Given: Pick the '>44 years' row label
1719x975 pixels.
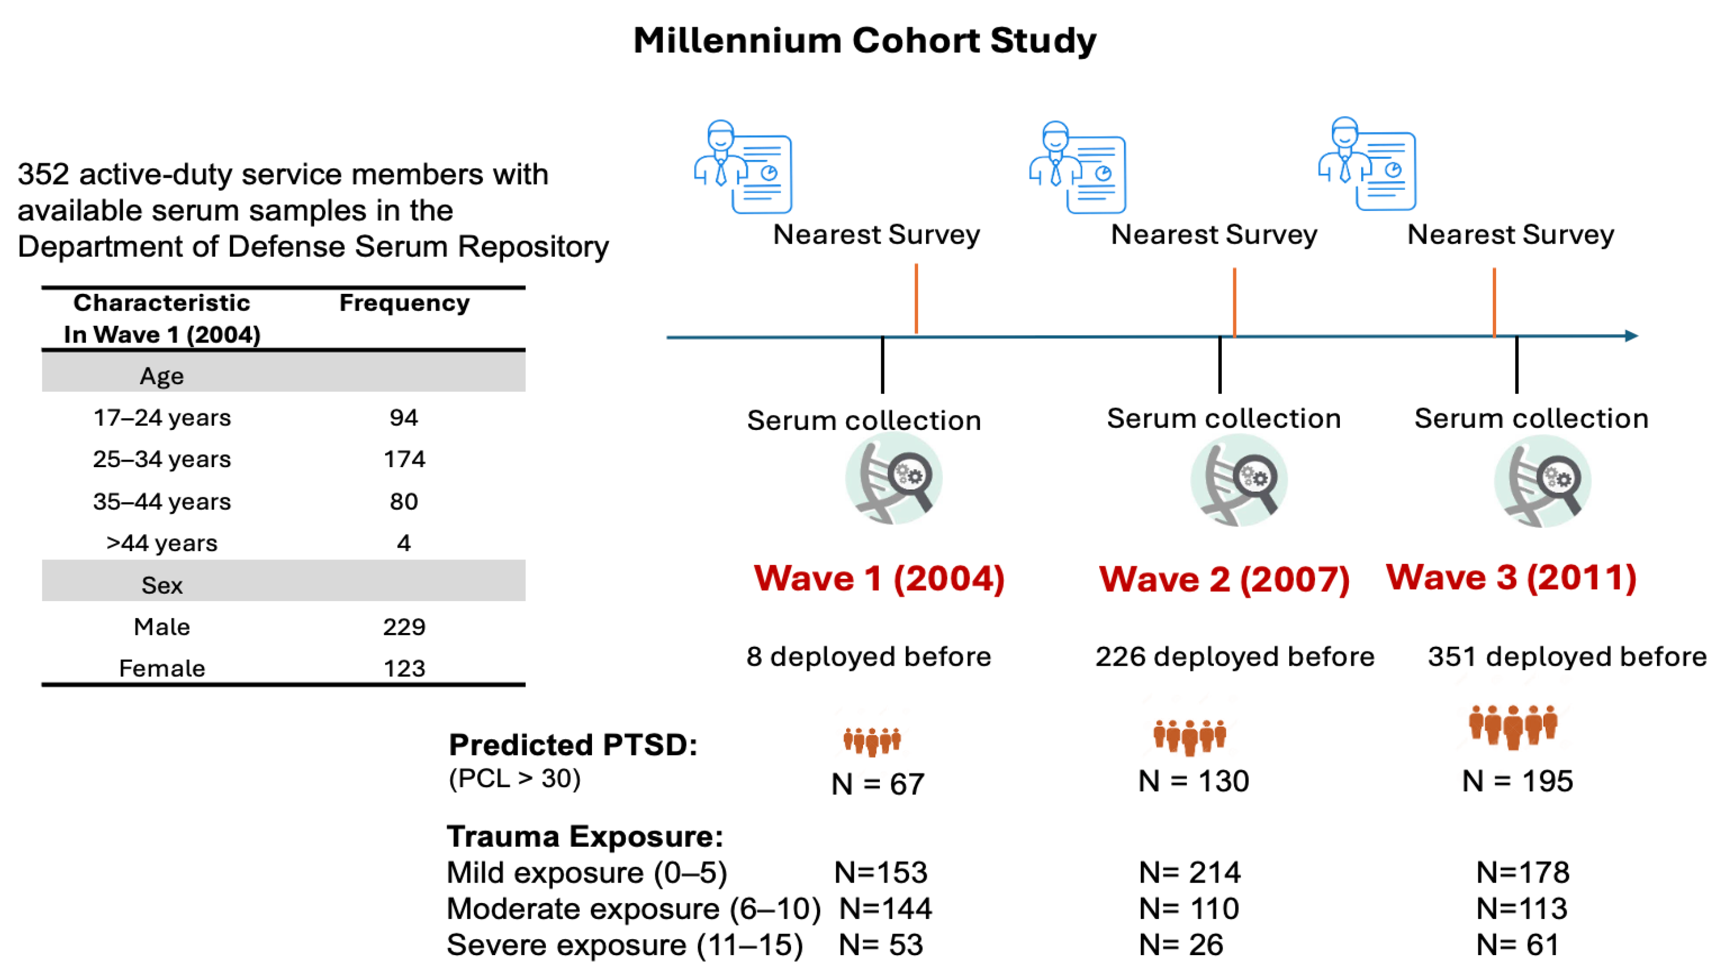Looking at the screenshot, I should point(162,543).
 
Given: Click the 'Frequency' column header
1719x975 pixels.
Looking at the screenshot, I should point(404,303).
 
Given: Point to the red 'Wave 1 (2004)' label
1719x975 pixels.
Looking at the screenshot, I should point(879,578).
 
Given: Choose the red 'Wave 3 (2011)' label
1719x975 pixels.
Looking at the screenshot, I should point(1511,577).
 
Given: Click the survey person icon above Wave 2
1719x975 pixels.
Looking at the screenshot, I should point(1077,167).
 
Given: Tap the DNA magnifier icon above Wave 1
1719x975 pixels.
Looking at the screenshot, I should point(894,478).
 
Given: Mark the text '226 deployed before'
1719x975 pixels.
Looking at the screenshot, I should point(1234,657).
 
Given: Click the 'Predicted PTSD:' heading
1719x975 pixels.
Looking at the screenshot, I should point(573,745).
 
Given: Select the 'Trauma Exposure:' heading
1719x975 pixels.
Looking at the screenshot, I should point(585,836).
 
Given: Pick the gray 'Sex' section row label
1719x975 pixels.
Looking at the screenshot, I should point(162,585).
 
